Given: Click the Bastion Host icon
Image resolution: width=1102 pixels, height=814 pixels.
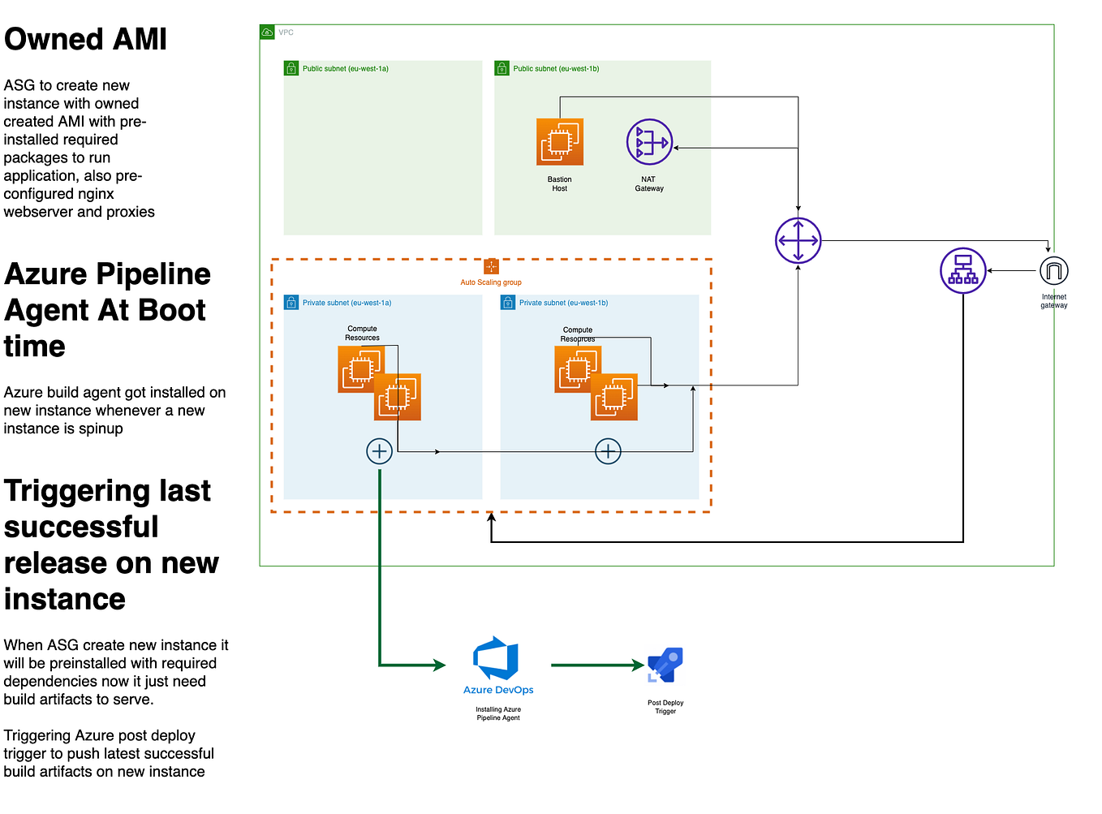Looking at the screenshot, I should (560, 142).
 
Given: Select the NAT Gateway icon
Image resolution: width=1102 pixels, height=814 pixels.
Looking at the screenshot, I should (649, 142).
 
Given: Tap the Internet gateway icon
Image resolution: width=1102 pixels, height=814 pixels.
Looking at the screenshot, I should (1053, 271).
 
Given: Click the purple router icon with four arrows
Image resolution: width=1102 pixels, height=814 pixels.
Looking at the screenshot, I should (798, 241).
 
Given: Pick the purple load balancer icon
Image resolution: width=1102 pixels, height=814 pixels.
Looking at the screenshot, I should (962, 271).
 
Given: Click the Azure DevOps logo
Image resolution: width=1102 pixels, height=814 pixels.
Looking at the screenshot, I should (497, 659).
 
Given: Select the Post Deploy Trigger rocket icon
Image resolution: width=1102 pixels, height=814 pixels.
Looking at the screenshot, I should (665, 665).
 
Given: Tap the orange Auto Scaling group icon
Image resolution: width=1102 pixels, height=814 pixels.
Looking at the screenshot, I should (491, 266).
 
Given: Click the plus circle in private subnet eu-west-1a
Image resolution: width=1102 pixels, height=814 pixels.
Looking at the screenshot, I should (379, 451).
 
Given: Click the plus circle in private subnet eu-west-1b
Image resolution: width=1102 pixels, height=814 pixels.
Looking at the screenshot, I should (608, 451).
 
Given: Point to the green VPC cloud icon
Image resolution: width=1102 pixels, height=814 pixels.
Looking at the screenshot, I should (267, 32).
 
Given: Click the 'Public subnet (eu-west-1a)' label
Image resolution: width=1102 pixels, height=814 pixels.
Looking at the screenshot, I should (345, 69).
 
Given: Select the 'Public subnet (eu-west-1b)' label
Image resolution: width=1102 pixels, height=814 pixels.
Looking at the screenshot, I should (556, 69).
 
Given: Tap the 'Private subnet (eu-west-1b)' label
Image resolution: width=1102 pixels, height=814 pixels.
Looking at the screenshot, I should (563, 303).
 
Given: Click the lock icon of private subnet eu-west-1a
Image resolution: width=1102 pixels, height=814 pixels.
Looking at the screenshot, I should (291, 303).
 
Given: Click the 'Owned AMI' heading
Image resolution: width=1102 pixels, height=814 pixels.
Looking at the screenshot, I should (85, 39).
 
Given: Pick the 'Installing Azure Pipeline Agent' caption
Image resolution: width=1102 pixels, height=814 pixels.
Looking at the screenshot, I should (498, 713).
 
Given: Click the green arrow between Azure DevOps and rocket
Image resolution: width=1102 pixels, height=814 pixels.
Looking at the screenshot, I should (596, 665).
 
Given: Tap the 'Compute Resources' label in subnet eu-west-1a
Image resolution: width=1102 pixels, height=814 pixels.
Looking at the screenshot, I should (362, 333).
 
